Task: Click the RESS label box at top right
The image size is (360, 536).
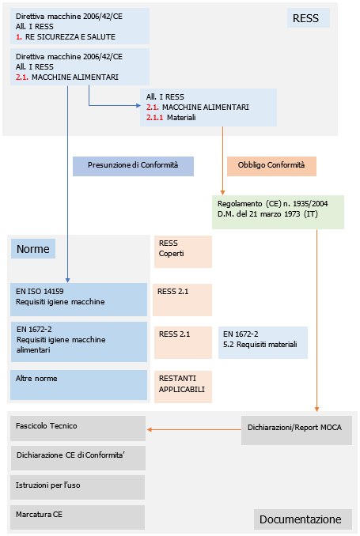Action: coord(305,18)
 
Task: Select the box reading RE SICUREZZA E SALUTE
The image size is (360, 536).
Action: coord(80,26)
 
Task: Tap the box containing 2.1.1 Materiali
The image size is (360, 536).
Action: coord(208,107)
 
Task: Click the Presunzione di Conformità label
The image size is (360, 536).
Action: coord(133,165)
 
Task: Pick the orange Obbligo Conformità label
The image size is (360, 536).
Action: coord(271,165)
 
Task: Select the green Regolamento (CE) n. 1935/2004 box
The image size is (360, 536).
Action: coord(277,212)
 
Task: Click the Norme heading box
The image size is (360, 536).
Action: coord(33,249)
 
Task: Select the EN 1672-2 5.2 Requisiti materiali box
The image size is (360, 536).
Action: coord(263,340)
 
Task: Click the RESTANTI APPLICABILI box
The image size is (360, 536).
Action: coord(183,385)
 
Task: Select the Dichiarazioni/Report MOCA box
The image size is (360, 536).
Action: coord(296,430)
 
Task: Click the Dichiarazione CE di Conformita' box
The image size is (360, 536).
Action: coord(78,457)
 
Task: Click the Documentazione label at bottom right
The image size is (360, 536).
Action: coord(301,519)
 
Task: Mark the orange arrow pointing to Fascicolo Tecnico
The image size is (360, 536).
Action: coord(193,430)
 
